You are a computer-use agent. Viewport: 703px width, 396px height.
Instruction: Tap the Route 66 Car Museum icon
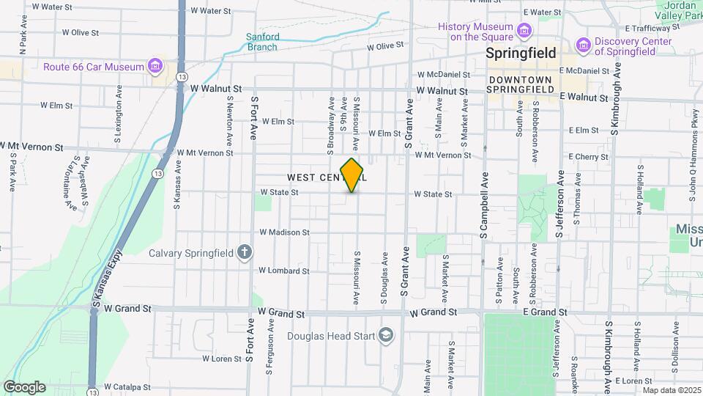click(x=155, y=67)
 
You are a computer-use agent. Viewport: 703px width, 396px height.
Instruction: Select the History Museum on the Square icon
click(x=524, y=31)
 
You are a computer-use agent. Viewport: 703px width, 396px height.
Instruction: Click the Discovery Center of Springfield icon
click(x=583, y=46)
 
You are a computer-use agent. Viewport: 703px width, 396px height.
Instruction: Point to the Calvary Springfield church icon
click(x=245, y=253)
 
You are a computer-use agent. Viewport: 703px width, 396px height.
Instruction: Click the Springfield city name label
click(x=521, y=54)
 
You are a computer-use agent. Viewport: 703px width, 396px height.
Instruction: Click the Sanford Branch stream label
click(x=262, y=42)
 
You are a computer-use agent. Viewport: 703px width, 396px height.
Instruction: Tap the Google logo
click(x=24, y=386)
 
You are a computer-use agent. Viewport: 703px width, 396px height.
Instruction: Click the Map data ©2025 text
click(x=671, y=389)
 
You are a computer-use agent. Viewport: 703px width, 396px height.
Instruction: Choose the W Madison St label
click(x=285, y=232)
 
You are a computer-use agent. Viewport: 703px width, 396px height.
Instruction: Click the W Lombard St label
click(x=284, y=271)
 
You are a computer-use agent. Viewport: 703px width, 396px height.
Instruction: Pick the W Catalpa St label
click(x=129, y=386)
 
